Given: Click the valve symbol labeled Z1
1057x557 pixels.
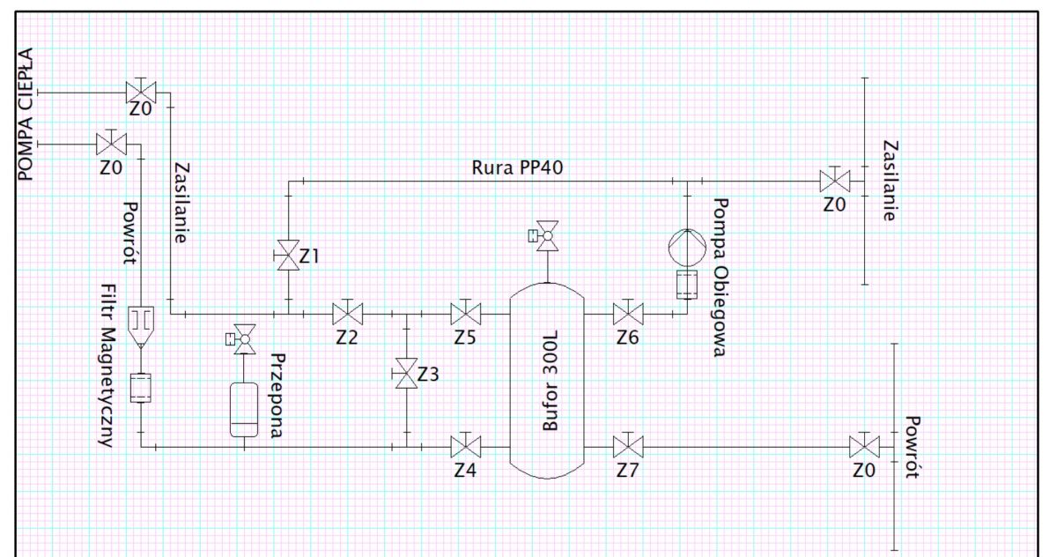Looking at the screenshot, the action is tap(288, 255).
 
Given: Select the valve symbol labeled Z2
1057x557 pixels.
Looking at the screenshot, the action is tap(348, 314).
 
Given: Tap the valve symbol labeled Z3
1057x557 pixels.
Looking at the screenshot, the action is tap(406, 374).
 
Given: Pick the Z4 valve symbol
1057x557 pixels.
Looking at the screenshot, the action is tap(466, 447).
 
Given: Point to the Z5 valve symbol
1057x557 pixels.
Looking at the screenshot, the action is tap(466, 314).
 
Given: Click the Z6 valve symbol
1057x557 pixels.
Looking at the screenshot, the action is tap(628, 314).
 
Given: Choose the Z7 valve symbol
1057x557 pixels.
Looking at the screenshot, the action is tap(628, 447).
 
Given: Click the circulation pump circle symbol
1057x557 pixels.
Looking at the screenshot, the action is tap(688, 248).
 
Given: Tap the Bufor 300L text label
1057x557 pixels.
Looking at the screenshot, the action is tap(551, 381).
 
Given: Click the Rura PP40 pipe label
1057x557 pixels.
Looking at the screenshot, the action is tap(517, 167).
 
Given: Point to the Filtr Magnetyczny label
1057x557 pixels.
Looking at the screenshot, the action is tap(108, 366).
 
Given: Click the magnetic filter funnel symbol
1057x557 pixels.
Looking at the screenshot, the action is tap(141, 328).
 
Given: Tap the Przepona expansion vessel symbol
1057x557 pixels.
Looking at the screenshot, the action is tap(244, 410).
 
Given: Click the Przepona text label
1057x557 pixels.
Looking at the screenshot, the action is tap(278, 396).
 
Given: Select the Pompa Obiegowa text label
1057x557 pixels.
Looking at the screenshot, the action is tap(720, 278).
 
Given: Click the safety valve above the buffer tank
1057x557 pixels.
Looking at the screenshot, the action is tap(545, 235).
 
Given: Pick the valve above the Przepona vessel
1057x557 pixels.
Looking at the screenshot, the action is tap(242, 339).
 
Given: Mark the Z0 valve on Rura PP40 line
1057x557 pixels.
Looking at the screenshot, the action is tap(835, 181).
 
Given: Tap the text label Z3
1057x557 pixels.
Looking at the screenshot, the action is tap(428, 375).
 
